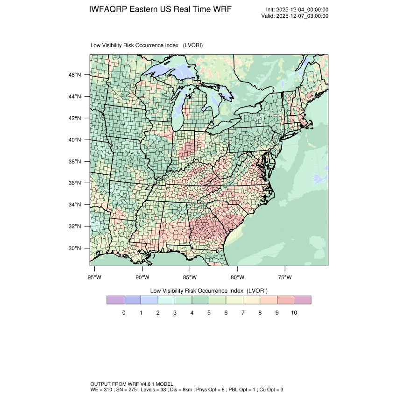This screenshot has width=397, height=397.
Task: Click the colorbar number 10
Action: (294, 312)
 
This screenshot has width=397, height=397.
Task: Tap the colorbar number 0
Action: (124, 312)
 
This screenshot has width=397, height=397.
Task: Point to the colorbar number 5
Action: (209, 312)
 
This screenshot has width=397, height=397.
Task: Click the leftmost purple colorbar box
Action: (115, 299)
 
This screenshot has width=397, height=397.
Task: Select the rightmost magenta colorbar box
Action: (302, 299)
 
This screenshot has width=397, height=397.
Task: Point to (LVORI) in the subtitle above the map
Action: (193, 45)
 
